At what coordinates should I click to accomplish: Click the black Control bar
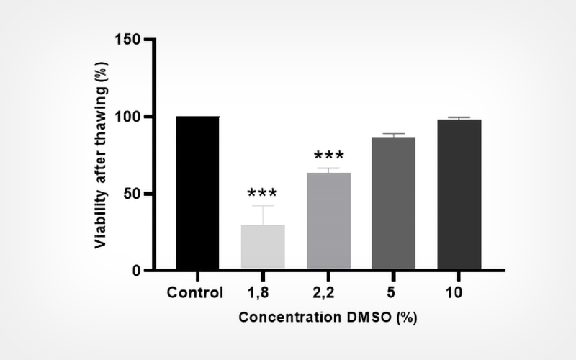tap(197, 193)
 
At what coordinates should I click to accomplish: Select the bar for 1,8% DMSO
tap(263, 247)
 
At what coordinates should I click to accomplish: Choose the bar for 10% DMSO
tap(459, 194)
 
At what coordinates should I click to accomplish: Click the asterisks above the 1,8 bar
tap(263, 194)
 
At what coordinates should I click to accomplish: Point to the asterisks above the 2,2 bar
tap(328, 156)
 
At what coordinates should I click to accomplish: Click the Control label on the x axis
tap(195, 293)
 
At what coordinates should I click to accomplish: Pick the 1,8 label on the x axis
tap(263, 293)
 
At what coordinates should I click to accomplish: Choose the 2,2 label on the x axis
tap(328, 293)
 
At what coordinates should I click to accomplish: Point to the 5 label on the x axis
tap(394, 293)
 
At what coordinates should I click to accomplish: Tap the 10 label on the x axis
tap(459, 293)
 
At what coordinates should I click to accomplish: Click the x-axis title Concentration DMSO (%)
tap(328, 317)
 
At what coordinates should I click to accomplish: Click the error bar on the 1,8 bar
tap(263, 215)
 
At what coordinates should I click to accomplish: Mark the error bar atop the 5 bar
tap(394, 135)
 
